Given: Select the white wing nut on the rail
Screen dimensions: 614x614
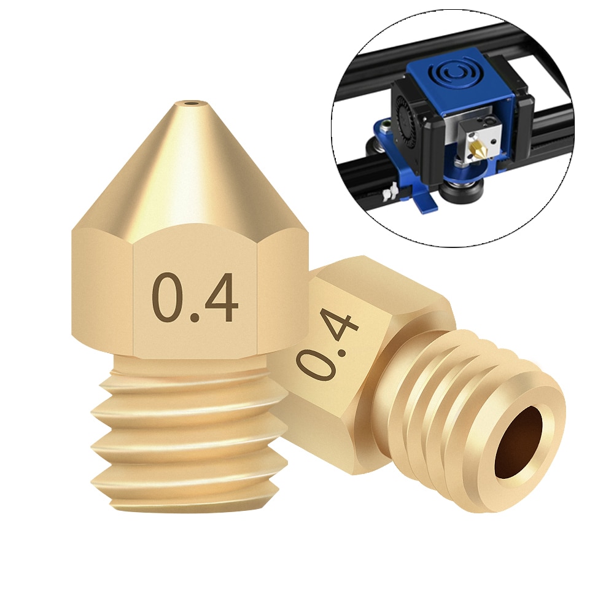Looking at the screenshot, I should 386,195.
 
